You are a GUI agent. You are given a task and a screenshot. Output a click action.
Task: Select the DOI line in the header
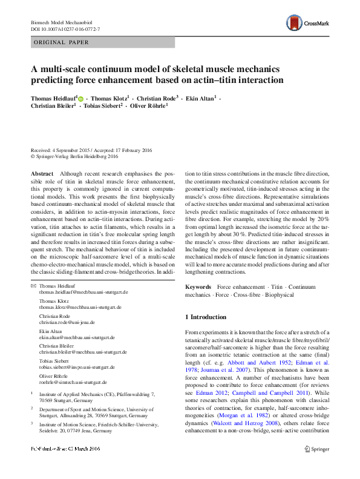(65, 29)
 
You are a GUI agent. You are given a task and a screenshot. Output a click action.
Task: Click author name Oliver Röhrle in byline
(146, 105)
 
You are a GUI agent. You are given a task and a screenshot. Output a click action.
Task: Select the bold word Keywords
(198, 285)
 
